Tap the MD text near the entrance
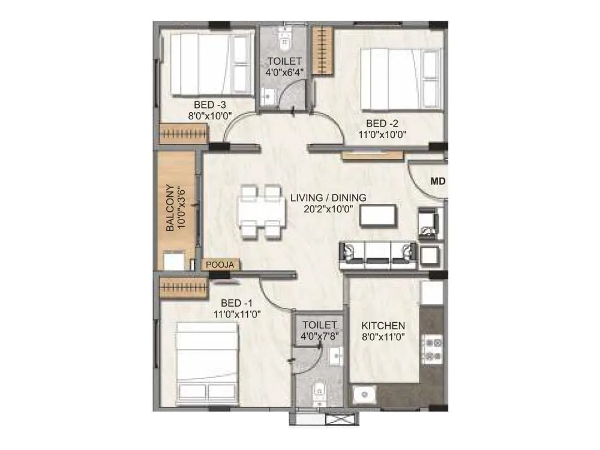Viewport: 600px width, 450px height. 436,181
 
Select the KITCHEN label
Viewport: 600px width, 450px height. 383,325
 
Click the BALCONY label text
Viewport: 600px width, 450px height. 170,208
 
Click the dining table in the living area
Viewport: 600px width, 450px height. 262,212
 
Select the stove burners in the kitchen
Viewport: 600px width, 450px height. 433,349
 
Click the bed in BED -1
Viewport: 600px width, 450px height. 207,363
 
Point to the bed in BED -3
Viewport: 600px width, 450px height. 208,64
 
